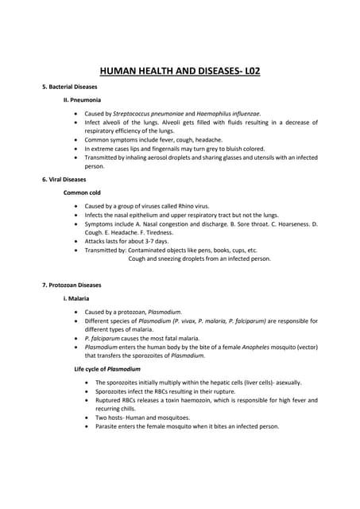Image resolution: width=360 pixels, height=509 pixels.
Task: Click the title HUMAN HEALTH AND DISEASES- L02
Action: [x=180, y=71]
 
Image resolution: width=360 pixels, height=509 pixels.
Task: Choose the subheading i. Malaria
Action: [x=76, y=297]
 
